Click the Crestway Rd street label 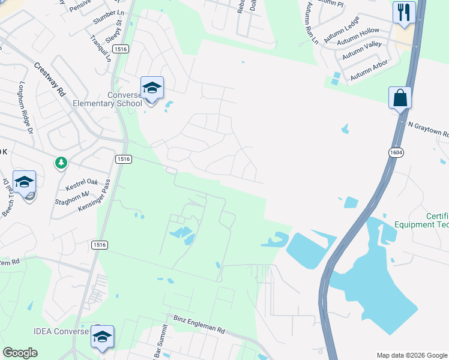50,80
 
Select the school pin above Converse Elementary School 152,89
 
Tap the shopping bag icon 400,97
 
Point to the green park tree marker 61,163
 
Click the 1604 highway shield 396,152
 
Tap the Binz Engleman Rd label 199,325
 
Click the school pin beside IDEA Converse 102,337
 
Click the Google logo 20,353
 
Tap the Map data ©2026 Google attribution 411,355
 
